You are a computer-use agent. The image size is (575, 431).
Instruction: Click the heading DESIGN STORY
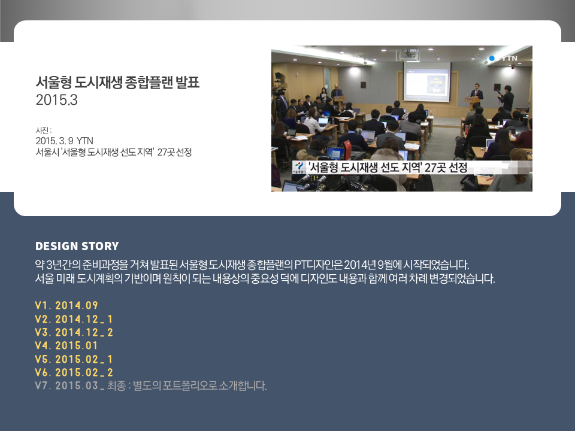click(77, 246)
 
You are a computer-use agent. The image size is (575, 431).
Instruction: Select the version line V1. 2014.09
click(66, 305)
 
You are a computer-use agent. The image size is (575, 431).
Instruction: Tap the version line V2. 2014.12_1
click(74, 319)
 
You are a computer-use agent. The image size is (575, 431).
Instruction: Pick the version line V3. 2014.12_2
click(74, 332)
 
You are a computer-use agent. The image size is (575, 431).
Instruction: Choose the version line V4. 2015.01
click(66, 345)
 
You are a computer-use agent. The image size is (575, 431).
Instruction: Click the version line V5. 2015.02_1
click(74, 359)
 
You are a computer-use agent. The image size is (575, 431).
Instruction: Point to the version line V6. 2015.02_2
click(74, 372)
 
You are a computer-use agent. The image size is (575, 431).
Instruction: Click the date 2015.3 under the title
click(56, 100)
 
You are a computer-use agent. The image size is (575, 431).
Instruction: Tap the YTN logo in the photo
click(504, 58)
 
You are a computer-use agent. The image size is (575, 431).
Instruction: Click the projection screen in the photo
click(427, 81)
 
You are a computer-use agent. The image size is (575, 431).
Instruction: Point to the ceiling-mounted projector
click(408, 56)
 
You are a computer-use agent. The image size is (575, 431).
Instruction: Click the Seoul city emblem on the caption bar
click(299, 167)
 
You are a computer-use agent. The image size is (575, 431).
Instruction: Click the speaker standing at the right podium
click(476, 92)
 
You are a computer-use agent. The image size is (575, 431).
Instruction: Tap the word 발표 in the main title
click(187, 82)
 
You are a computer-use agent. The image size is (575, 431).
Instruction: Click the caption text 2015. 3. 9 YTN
click(65, 141)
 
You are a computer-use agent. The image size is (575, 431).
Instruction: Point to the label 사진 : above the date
click(43, 130)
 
